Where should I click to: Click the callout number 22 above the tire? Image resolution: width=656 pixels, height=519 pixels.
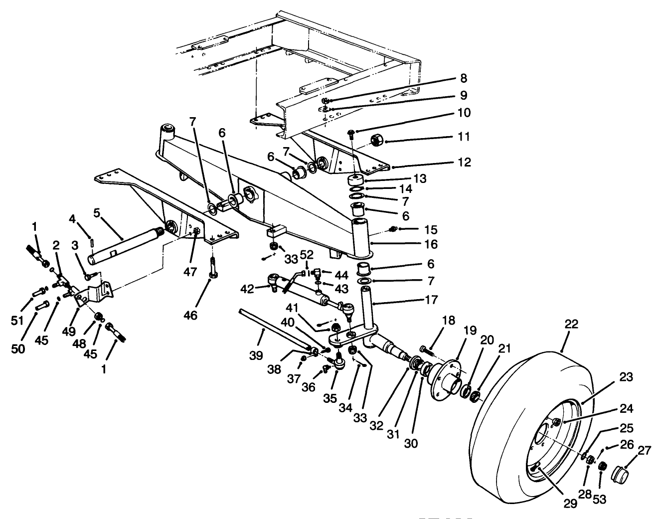571,324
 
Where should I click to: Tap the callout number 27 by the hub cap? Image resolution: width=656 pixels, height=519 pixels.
644,451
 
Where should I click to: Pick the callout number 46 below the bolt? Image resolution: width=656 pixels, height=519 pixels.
190,315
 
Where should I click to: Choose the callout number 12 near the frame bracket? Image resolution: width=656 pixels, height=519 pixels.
463,163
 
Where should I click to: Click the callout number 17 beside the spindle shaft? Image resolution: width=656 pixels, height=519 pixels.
432,300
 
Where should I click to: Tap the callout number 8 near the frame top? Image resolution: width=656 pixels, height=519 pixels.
463,78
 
